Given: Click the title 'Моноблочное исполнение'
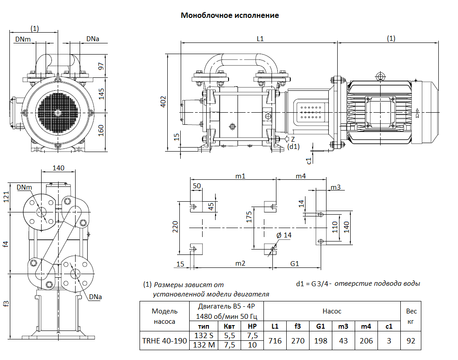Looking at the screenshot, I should tap(229, 16).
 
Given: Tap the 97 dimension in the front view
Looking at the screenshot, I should tap(101, 66).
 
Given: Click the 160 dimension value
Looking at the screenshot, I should tap(101, 130).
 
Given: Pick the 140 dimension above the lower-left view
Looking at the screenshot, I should tap(59, 168).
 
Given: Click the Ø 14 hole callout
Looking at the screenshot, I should tap(284, 235).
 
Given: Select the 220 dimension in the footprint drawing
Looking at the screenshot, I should tap(175, 227).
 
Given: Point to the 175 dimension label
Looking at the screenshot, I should tap(250, 217).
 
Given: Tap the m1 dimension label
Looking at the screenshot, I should tap(241, 176).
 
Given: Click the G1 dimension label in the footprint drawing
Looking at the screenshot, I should tap(295, 264).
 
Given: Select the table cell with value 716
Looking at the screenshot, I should tap(275, 341).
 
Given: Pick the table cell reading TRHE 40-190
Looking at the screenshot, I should tap(164, 341).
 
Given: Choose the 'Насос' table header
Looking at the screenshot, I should tap(332, 311).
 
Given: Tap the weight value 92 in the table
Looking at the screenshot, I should tap(411, 341).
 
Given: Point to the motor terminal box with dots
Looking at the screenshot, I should tap(313, 112).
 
